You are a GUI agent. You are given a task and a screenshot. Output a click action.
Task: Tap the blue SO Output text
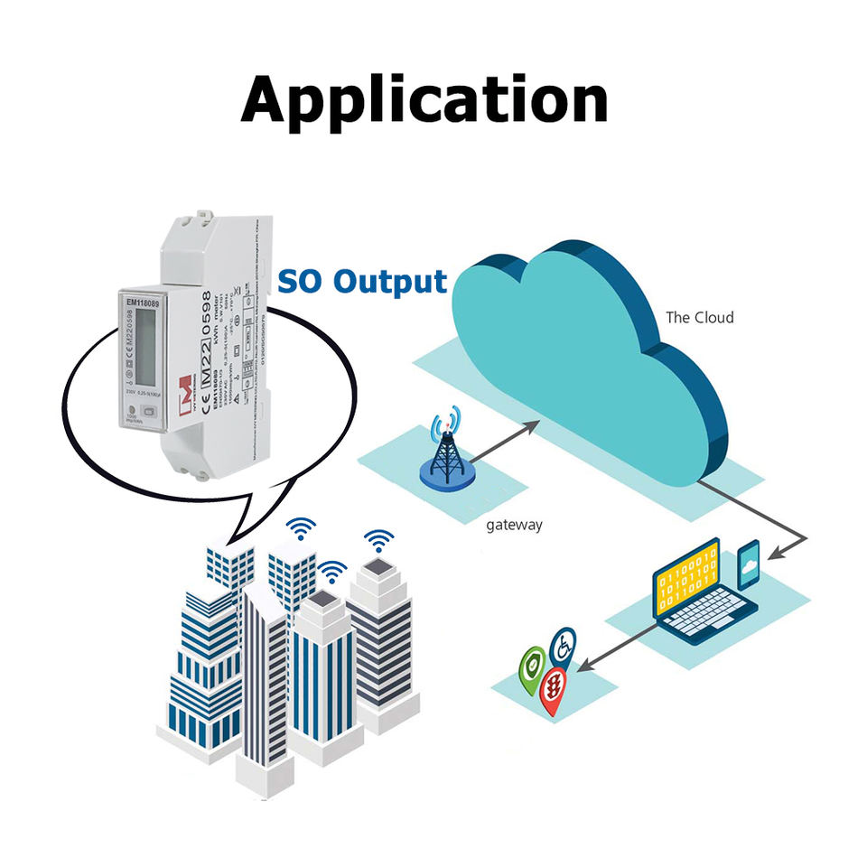pyautogui.click(x=361, y=282)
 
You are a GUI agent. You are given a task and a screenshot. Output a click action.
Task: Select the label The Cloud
pyautogui.click(x=699, y=317)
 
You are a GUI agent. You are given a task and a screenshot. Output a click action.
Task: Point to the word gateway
pyautogui.click(x=514, y=525)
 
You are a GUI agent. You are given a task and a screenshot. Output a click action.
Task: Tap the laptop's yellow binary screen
pyautogui.click(x=688, y=582)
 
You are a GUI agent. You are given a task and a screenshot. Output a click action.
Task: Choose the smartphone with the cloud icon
pyautogui.click(x=749, y=565)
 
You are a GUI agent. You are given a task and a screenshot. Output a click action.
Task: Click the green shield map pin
pyautogui.click(x=533, y=666)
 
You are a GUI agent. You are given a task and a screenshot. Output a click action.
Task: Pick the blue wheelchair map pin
pyautogui.click(x=564, y=647)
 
